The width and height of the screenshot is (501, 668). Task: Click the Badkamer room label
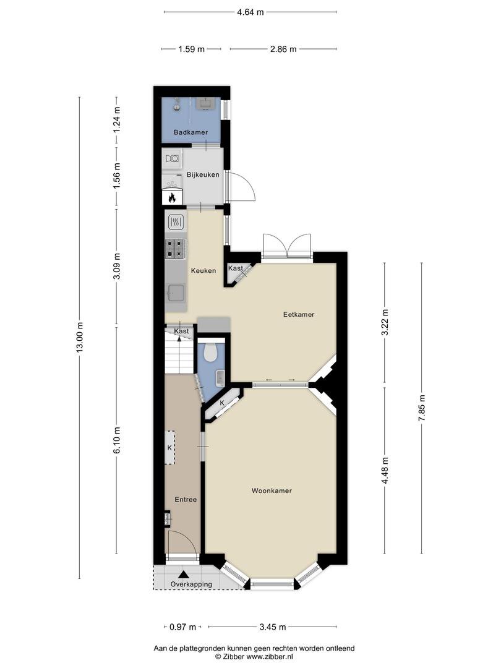(x=191, y=132)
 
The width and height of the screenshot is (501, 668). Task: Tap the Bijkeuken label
(x=203, y=174)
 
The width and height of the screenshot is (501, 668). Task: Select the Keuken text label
(x=203, y=270)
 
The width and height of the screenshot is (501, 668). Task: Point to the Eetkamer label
(x=299, y=314)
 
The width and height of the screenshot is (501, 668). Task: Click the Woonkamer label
(x=272, y=490)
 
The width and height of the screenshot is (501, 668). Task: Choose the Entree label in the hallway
(x=186, y=499)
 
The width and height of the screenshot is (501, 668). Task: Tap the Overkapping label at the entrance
(x=191, y=584)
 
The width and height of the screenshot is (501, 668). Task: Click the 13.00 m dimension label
(x=80, y=338)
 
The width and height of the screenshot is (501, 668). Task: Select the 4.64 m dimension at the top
(x=250, y=12)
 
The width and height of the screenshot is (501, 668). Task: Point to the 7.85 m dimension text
(x=422, y=408)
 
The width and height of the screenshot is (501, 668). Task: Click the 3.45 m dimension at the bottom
(x=273, y=627)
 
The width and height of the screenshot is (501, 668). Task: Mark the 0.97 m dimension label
(x=182, y=627)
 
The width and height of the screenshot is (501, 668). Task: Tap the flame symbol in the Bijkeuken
(x=172, y=197)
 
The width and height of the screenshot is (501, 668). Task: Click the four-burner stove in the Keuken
(x=176, y=249)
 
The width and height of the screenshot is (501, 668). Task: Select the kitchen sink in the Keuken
(x=176, y=293)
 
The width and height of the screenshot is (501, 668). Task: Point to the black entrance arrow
(x=183, y=575)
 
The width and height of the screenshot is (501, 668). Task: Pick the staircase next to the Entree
(x=179, y=354)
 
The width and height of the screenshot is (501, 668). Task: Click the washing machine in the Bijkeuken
(x=173, y=158)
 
